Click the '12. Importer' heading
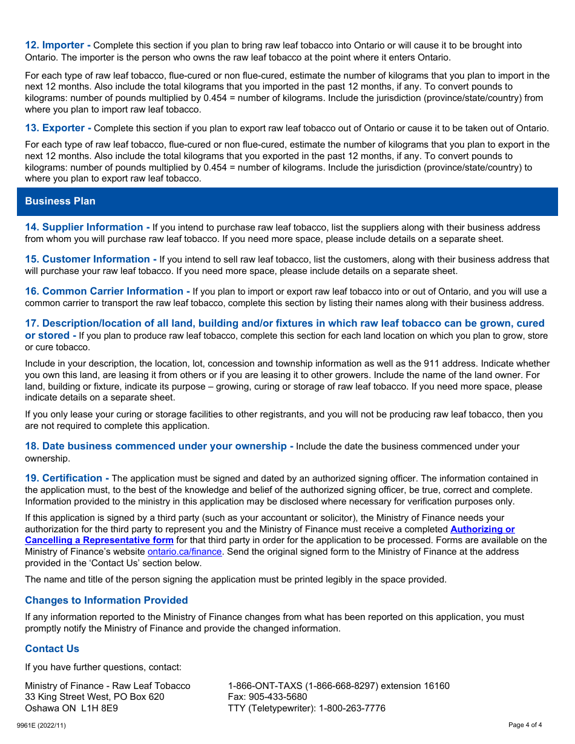coord(57,45)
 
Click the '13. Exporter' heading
coord(57,128)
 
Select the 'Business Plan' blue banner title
coord(60,201)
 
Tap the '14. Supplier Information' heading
coord(87,227)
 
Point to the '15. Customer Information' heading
coord(90,259)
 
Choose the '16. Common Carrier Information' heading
coord(107,292)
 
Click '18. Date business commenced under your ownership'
coord(159,446)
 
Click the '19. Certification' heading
coord(67,478)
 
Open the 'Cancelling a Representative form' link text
coord(99,540)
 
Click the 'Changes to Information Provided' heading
coord(106,601)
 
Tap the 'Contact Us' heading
coord(52,649)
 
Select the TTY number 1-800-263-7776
coord(352,708)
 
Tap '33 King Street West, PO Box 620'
coord(94,697)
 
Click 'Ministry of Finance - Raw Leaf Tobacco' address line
coord(108,686)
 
